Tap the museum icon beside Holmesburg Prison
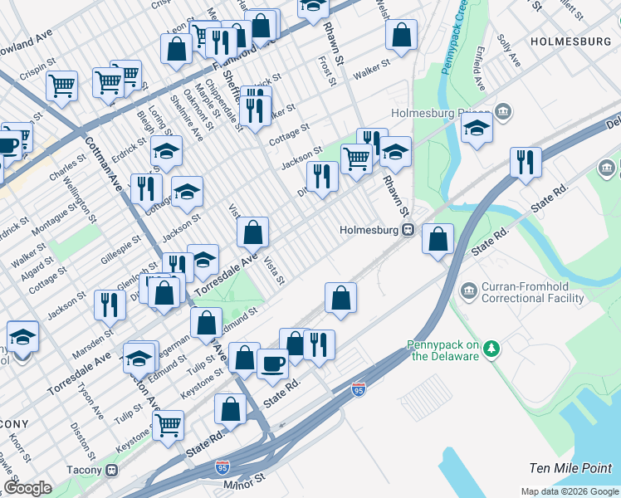tap(503, 112)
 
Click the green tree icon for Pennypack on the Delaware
tap(491, 347)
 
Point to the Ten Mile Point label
tap(570, 469)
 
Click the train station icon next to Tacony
tap(112, 471)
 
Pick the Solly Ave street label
tap(508, 51)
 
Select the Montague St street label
tap(56, 217)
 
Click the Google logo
tap(28, 488)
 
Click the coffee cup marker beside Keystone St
tap(272, 363)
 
